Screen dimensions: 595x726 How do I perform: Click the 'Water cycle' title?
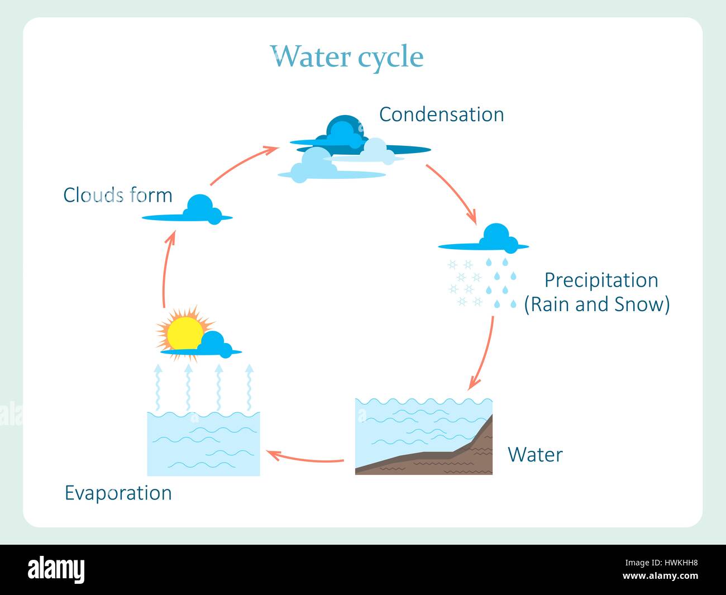click(x=347, y=56)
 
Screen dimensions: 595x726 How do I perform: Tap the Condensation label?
click(x=441, y=115)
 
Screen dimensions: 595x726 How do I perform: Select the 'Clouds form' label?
click(x=117, y=195)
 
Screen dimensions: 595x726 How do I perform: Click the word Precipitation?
click(x=601, y=280)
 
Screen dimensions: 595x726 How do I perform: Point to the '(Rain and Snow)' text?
click(x=596, y=304)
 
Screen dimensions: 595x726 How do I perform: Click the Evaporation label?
click(x=118, y=493)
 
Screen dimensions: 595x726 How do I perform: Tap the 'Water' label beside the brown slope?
click(x=535, y=455)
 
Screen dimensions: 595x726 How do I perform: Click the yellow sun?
click(x=184, y=332)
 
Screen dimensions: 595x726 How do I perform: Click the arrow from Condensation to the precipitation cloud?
click(x=452, y=193)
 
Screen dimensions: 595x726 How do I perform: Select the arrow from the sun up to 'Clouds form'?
click(x=166, y=268)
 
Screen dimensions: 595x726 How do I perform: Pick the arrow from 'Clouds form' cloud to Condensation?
click(x=243, y=164)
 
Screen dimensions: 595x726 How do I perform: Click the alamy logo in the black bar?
click(x=56, y=569)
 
